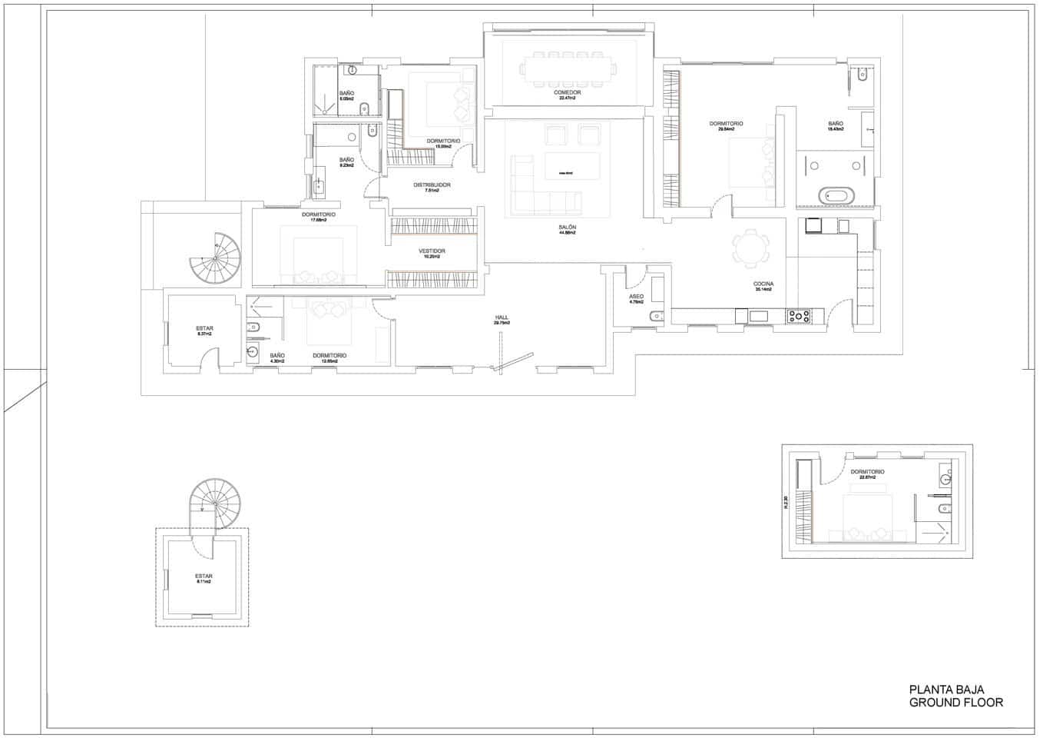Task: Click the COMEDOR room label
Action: coord(567,93)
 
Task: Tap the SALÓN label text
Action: coord(568,228)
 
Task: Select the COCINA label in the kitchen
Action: coord(763,284)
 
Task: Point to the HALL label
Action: coord(502,317)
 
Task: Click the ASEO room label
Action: coord(636,297)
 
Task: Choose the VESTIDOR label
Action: coord(432,251)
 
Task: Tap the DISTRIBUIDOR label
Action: coord(432,185)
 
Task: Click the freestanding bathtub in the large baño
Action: coord(834,195)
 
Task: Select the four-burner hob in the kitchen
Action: coord(799,315)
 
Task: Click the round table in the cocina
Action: coord(750,248)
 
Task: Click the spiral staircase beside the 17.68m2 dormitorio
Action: coord(217,258)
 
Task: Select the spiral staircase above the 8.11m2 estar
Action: coord(215,504)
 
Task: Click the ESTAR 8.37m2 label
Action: coord(204,329)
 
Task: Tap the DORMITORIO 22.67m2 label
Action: coord(867,472)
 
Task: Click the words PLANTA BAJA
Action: coord(946,690)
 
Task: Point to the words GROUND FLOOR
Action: coord(955,703)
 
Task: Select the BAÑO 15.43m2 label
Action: coord(835,124)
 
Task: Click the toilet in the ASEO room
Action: coord(655,317)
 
